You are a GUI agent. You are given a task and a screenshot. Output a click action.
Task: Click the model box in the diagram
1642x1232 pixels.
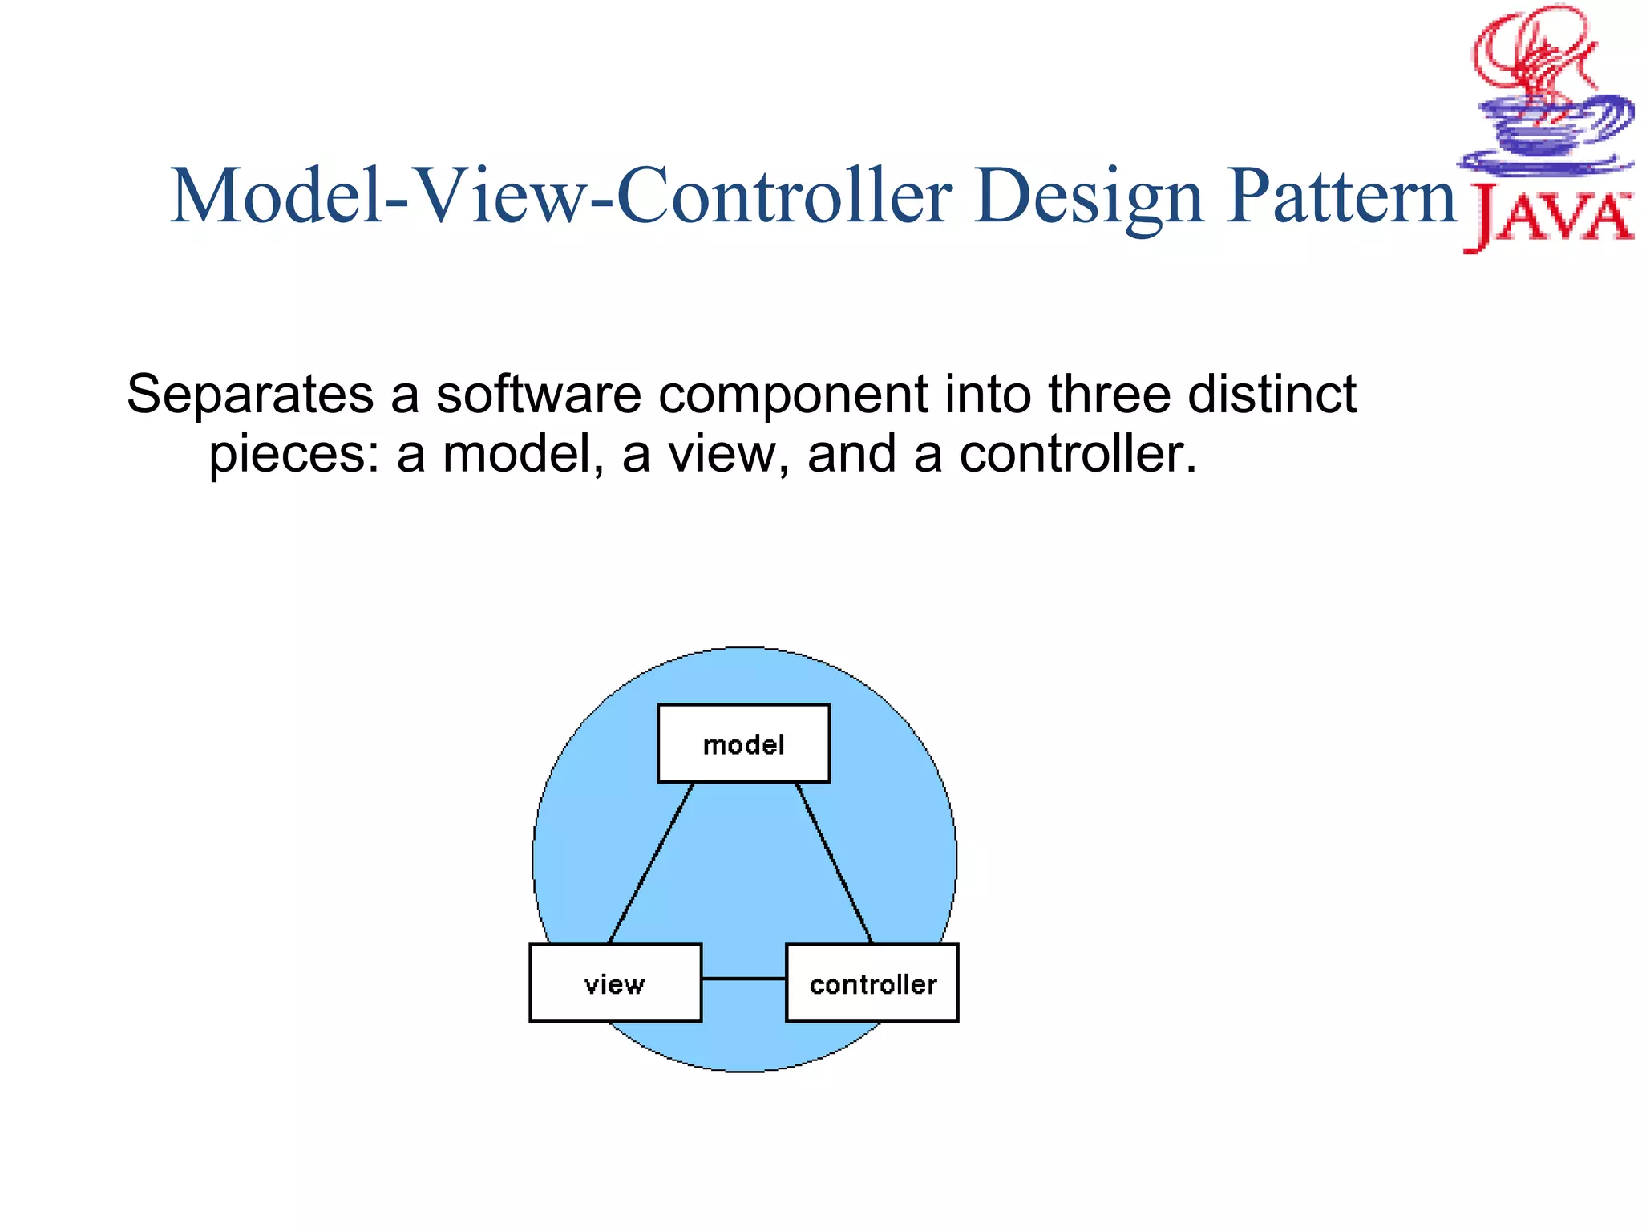743,744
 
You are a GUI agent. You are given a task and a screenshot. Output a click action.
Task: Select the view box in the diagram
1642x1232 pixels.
615,983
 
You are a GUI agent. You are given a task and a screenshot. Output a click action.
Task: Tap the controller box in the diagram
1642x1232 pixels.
872,983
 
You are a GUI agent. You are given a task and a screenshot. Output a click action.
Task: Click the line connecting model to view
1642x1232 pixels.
650,863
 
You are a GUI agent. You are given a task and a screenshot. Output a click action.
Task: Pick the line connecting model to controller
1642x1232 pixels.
834,863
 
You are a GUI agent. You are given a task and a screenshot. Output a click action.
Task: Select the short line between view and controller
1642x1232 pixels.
743,979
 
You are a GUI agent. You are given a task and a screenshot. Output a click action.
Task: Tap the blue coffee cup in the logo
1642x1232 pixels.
1547,136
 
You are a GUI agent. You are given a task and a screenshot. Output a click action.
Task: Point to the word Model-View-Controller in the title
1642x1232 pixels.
561,197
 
